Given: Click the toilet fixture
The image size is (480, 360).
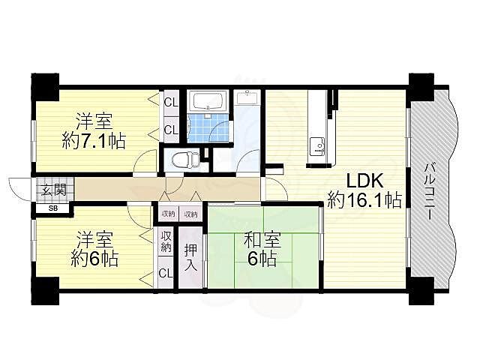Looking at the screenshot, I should pyautogui.click(x=186, y=159).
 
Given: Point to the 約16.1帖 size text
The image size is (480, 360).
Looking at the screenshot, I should pyautogui.click(x=364, y=200).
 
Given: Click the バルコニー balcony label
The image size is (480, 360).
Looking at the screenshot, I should pyautogui.click(x=430, y=190).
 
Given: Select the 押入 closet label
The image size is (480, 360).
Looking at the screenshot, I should pyautogui.click(x=190, y=257).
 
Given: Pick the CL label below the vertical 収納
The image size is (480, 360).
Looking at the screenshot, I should pyautogui.click(x=165, y=273).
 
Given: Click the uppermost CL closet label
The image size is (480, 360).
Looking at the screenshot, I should pyautogui.click(x=171, y=102).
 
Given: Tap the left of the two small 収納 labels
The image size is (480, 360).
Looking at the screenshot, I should pyautogui.click(x=168, y=214).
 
